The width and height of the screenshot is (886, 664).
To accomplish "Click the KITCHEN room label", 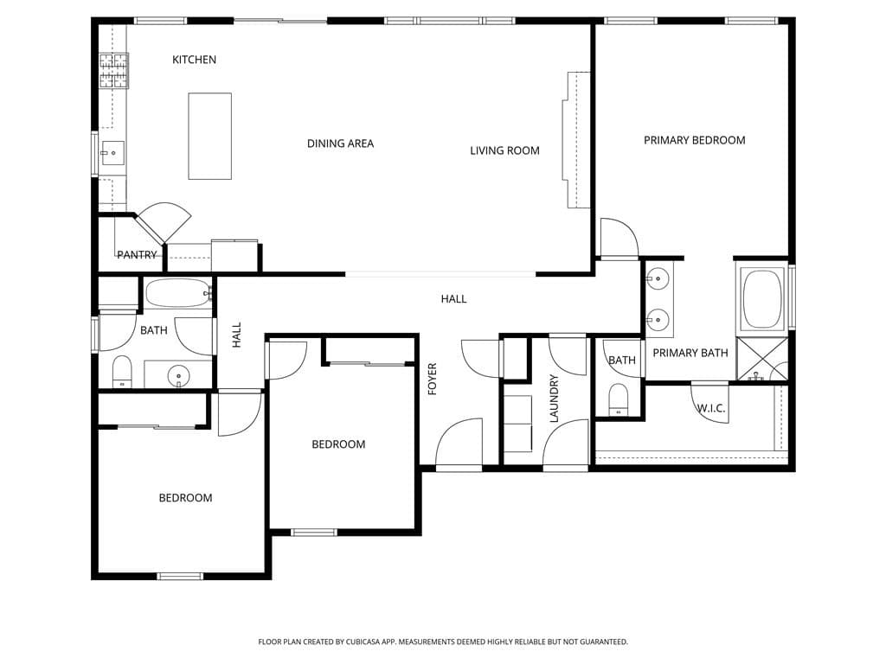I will [194, 60].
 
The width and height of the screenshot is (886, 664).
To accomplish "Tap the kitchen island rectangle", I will [210, 136].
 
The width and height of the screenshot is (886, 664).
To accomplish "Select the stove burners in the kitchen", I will [114, 71].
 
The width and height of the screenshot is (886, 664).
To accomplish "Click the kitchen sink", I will [112, 153].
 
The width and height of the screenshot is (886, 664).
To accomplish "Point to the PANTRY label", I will [137, 255].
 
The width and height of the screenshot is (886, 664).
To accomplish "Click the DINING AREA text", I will [340, 144].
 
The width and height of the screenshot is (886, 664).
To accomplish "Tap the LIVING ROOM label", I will [504, 150].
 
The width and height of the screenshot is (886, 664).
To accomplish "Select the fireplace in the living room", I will [577, 140].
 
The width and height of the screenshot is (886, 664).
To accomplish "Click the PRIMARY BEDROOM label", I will [694, 140].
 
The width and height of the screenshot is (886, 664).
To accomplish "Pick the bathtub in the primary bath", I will [762, 299].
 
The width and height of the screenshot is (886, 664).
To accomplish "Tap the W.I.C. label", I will [711, 408].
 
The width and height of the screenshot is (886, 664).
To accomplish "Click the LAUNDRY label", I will [555, 398].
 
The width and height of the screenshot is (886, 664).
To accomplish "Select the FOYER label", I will [433, 380].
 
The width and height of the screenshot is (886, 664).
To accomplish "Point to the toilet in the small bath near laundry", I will [618, 399].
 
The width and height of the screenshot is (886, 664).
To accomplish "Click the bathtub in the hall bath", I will [177, 294].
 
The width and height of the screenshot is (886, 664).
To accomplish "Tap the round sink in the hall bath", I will [178, 375].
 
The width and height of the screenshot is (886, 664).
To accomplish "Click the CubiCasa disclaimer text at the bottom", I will [443, 642].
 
